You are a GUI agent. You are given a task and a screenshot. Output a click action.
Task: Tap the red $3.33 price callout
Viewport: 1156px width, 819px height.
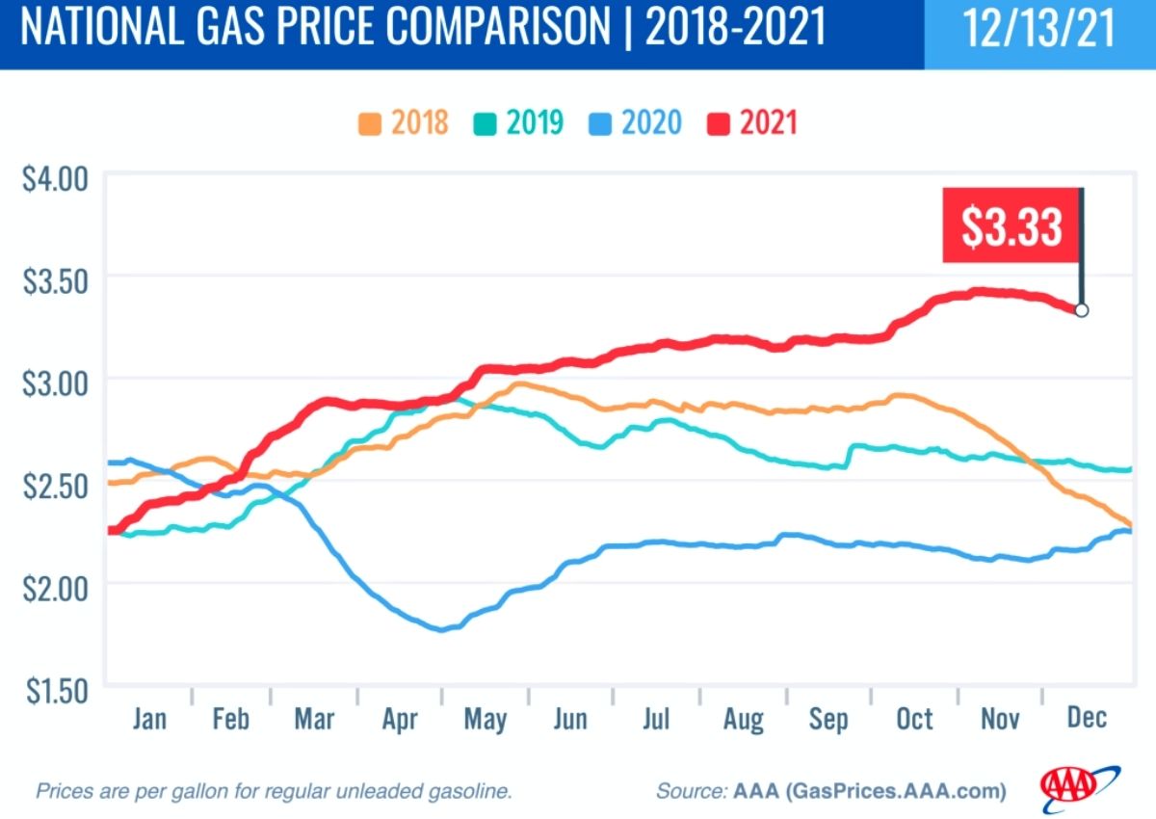tap(1011, 225)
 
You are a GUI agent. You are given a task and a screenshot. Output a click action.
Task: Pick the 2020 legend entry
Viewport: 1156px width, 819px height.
tap(635, 123)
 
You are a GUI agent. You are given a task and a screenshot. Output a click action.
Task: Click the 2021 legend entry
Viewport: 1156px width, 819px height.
tap(752, 123)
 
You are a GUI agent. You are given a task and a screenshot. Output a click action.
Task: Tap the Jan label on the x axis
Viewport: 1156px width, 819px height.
tap(148, 719)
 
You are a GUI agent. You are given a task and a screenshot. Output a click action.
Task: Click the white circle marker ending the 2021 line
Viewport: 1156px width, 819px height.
tap(1081, 310)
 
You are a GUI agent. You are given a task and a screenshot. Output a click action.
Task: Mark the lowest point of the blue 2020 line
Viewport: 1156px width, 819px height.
tap(442, 629)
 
